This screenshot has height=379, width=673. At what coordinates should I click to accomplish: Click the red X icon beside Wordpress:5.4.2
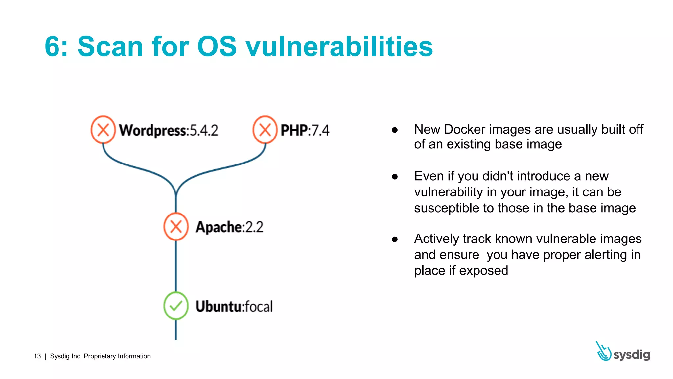click(103, 130)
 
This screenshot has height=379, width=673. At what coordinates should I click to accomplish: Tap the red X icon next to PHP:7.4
click(265, 130)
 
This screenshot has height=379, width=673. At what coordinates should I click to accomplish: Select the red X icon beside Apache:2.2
click(176, 227)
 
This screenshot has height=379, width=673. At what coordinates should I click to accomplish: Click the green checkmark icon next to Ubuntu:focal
click(176, 306)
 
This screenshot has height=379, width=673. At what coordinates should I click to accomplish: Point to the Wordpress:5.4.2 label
click(168, 131)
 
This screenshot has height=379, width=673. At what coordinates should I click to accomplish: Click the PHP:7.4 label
click(305, 131)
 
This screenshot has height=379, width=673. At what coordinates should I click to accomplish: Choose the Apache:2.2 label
click(229, 227)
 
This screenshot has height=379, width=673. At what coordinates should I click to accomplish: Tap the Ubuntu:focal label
click(234, 307)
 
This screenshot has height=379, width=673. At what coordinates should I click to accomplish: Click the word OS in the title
click(217, 47)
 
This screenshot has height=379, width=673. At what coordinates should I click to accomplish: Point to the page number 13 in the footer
click(37, 356)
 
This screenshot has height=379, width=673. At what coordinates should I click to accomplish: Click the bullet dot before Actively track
click(395, 239)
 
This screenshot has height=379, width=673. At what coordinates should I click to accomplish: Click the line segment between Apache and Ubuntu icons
click(176, 266)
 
